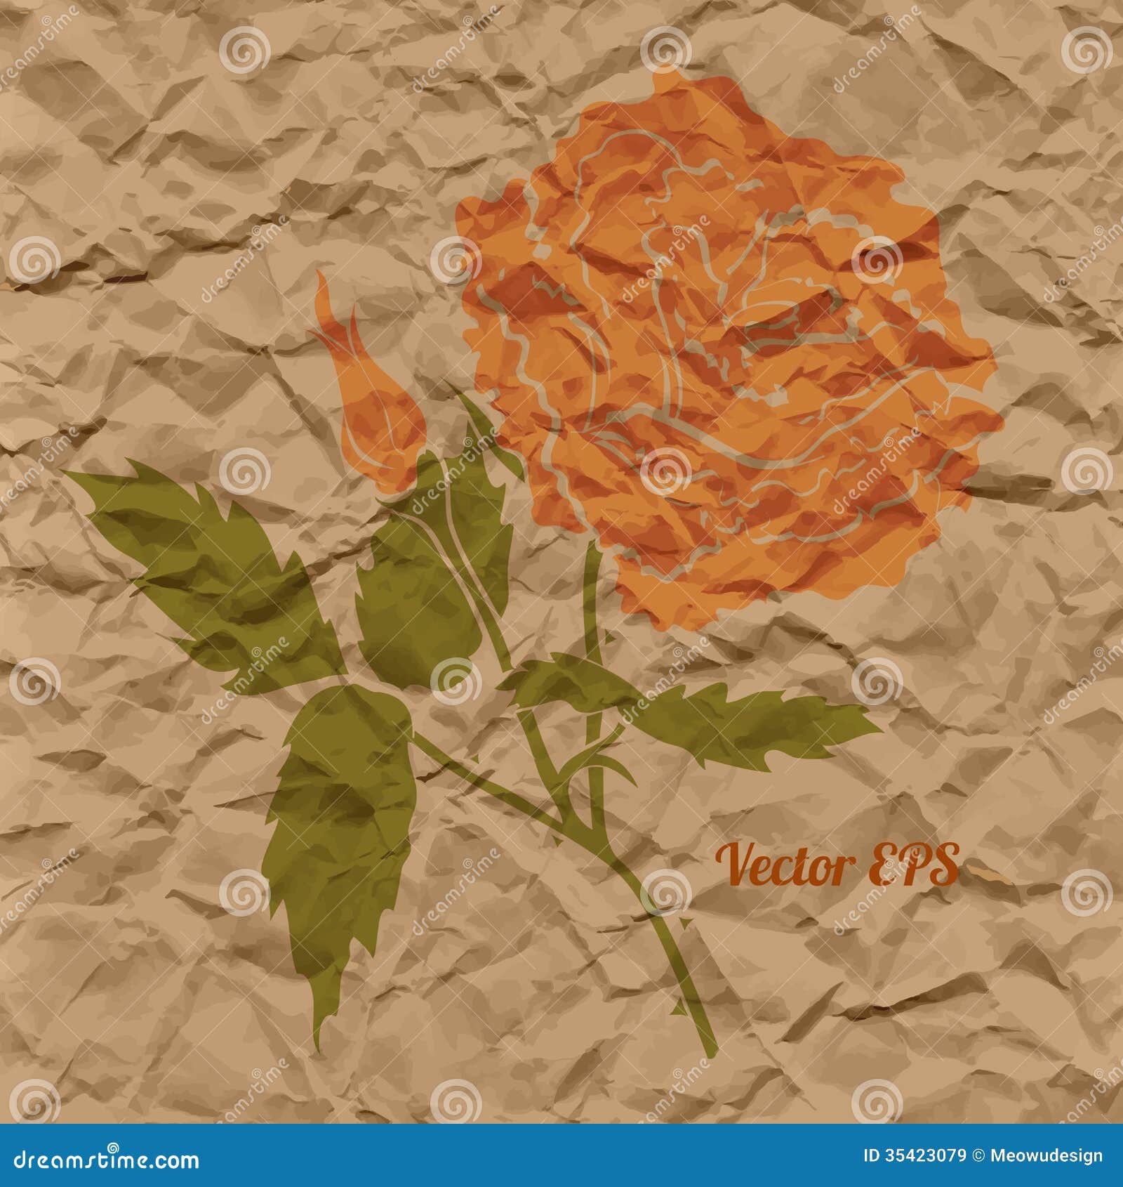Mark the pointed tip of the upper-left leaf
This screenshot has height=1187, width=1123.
pyautogui.click(x=67, y=473)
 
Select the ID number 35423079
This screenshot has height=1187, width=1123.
pyautogui.click(x=924, y=1156)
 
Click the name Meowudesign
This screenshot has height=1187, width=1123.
pyautogui.click(x=1046, y=1156)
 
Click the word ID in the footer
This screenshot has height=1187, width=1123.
pyautogui.click(x=871, y=1156)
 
